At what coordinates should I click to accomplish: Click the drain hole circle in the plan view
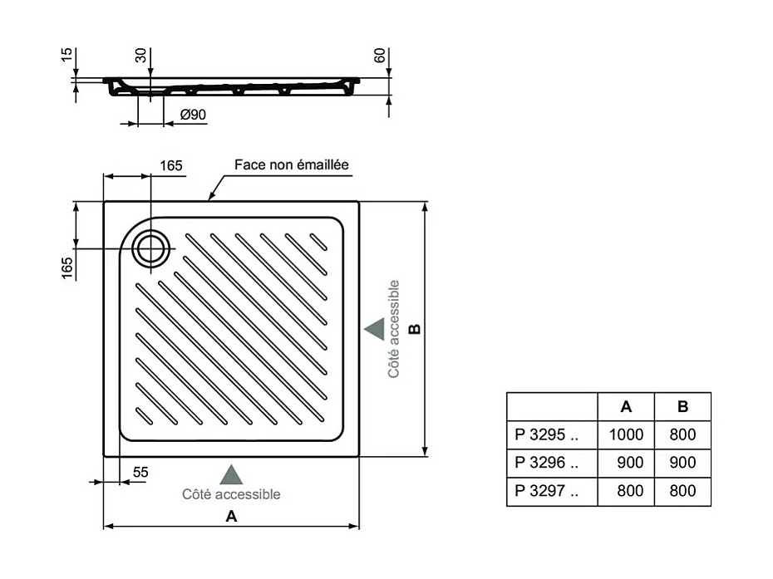pos(151,248)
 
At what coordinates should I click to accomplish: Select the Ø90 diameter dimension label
pos(193,115)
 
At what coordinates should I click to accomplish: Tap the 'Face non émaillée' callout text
pos(291,165)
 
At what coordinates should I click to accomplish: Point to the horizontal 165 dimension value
pos(170,165)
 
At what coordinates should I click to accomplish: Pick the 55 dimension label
pos(140,472)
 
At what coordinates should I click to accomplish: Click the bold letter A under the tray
pos(232,516)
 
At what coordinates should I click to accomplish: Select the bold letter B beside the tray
pos(416,328)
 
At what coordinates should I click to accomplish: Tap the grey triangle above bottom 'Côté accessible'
pos(231,475)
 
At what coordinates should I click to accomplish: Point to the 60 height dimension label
pos(380,57)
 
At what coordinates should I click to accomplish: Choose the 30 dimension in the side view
pos(141,56)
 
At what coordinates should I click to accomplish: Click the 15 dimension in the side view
pos(67,56)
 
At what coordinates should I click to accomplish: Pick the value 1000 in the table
pos(626,434)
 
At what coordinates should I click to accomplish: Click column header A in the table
pos(626,406)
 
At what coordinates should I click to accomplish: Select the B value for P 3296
pos(682,463)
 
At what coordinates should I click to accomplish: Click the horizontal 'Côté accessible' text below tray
pos(231,494)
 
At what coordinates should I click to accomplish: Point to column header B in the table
pos(682,406)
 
